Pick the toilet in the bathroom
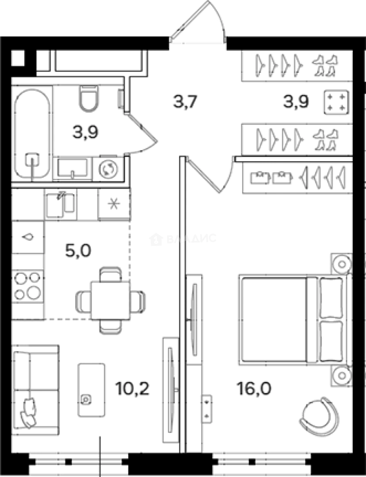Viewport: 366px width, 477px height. (x=88, y=98)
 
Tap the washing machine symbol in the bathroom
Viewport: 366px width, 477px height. (x=107, y=169)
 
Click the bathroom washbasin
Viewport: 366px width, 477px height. (x=72, y=168)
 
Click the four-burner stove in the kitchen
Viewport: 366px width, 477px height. (x=27, y=285)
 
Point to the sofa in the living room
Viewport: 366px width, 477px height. (x=35, y=386)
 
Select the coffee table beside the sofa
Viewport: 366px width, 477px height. (x=91, y=390)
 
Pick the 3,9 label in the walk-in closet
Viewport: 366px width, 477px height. (x=296, y=102)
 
